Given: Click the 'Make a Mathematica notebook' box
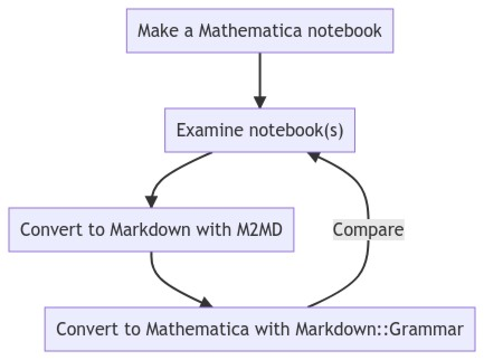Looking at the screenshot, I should click(x=260, y=30).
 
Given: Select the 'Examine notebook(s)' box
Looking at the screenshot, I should click(x=260, y=130).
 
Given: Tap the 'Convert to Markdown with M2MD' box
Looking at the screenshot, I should click(x=151, y=229).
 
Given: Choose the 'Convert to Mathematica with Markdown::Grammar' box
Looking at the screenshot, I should click(x=260, y=329).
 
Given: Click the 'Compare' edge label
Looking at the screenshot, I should click(x=368, y=230).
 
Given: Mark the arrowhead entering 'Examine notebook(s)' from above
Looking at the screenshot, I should click(x=260, y=102).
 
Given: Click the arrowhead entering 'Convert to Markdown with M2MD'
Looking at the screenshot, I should click(x=151, y=201).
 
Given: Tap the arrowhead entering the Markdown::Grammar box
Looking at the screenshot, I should click(x=206, y=302).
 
